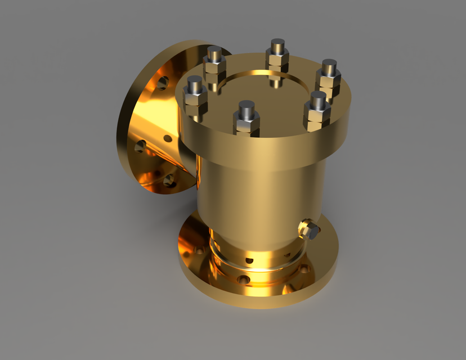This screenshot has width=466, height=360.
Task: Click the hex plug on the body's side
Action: pyautogui.click(x=309, y=229)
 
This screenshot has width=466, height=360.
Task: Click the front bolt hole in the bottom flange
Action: pyautogui.click(x=243, y=279)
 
